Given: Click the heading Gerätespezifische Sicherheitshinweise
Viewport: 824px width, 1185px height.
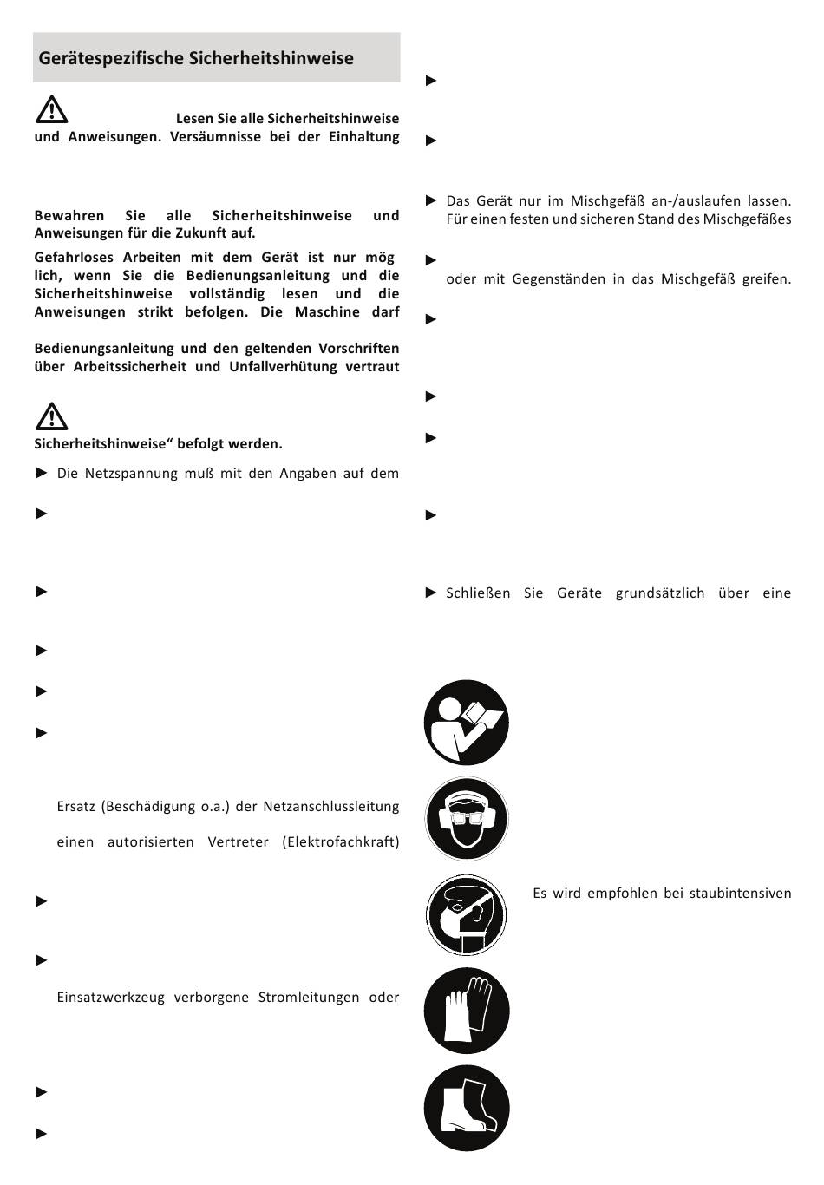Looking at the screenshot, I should coord(196,58).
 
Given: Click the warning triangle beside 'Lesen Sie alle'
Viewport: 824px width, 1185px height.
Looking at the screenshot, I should coord(52,109).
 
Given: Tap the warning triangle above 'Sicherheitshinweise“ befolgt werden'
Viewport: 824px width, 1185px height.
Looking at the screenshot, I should coord(52,416).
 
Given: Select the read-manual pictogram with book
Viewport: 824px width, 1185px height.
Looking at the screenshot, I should coord(467,723).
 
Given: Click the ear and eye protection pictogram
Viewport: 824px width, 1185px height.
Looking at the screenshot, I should coord(467,819).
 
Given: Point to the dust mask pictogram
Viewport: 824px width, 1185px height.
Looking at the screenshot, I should coord(467,915).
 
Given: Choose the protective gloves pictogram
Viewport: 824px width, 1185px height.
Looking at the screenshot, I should coord(467,1012).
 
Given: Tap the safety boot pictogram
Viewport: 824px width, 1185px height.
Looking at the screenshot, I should coord(467,1109).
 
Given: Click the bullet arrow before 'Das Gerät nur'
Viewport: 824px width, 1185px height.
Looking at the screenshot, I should coord(431,200).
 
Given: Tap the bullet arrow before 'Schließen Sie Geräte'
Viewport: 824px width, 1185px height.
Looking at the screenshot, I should coord(431,593).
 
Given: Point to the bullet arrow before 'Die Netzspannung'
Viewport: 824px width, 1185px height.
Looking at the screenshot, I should coord(42,473).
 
